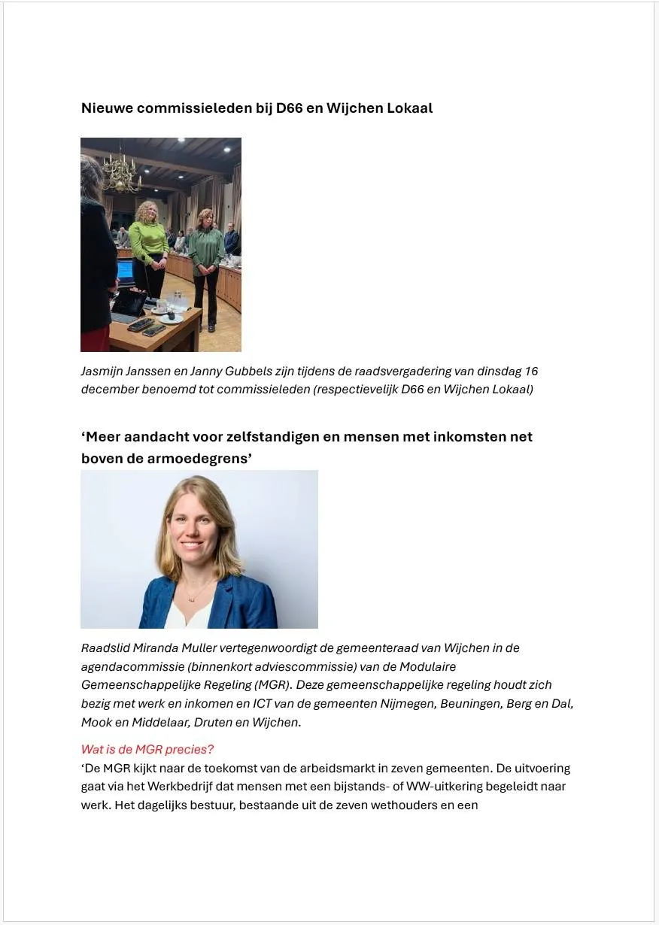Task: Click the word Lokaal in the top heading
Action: click(409, 108)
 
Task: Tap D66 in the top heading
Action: click(290, 108)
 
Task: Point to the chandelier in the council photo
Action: click(120, 171)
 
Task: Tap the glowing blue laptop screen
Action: click(125, 269)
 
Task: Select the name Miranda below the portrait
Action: click(150, 648)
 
